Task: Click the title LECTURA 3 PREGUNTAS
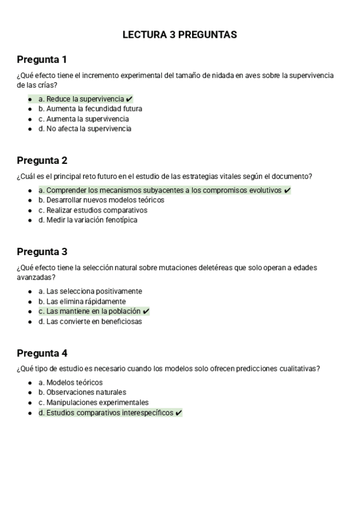pos(179,35)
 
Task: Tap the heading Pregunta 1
pos(41,59)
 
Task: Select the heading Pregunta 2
pos(42,160)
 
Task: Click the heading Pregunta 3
pos(42,251)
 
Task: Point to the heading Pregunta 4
pos(42,353)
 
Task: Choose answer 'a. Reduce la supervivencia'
pos(81,99)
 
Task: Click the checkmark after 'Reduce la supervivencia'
pos(130,99)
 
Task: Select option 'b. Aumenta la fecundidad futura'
pos(90,109)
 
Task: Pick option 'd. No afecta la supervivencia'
pos(85,128)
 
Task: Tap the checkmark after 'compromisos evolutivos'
pos(287,190)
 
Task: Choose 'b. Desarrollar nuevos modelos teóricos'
pos(101,200)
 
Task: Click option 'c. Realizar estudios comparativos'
pos(92,210)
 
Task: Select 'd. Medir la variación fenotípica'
pos(88,220)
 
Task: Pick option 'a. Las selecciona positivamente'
pos(90,291)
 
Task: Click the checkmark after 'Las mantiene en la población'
pos(146,312)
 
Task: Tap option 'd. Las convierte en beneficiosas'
pos(90,321)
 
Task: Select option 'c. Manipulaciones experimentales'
pos(93,402)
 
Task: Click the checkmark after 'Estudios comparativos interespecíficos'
pos(179,413)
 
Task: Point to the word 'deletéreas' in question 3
pos(212,267)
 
